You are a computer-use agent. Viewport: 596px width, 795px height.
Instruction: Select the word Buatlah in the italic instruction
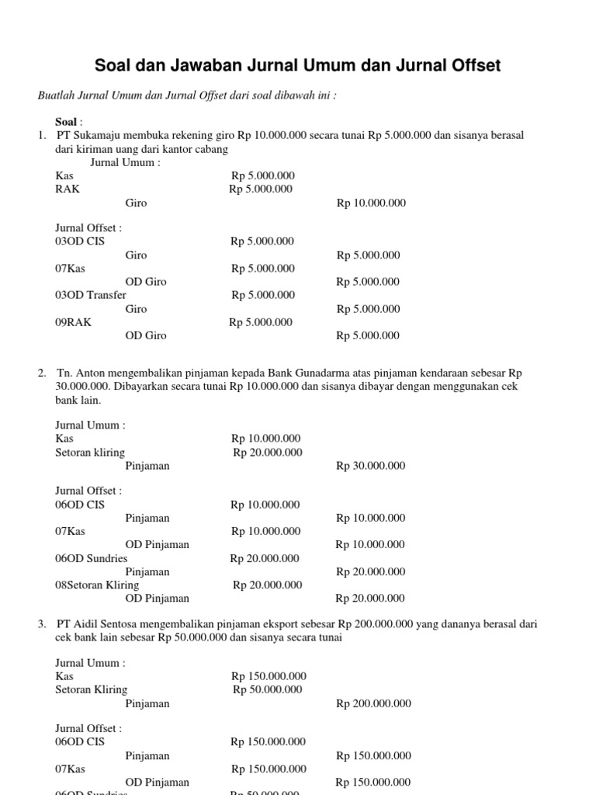[x=58, y=95]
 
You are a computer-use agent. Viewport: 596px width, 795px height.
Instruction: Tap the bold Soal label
[x=66, y=122]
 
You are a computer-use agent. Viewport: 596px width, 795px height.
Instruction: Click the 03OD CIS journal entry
[x=80, y=241]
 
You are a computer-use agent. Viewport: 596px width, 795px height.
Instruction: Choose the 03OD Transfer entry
[x=91, y=295]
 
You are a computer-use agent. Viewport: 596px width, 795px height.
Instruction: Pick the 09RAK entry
[x=73, y=322]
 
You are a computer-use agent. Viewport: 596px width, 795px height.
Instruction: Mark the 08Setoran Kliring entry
[x=97, y=585]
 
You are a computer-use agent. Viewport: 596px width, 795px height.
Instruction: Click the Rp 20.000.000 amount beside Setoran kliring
[x=268, y=453]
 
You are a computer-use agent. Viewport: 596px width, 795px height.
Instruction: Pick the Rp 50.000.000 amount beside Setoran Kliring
[x=268, y=689]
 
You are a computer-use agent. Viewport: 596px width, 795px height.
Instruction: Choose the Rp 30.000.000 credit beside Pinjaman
[x=370, y=466]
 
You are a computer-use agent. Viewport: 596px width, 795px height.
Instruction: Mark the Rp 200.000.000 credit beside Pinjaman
[x=373, y=703]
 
